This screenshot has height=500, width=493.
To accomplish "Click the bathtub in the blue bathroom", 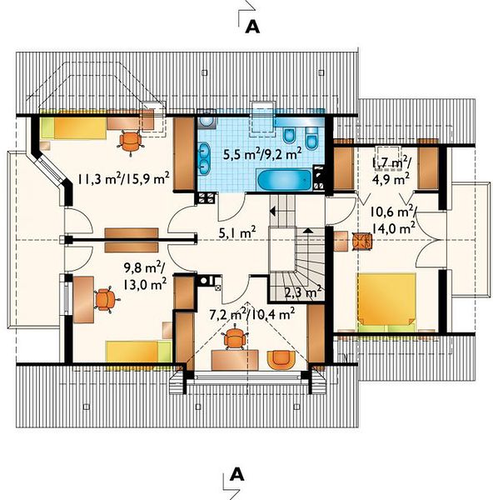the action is coord(284,180).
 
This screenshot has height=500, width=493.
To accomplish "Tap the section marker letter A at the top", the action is coord(252,27).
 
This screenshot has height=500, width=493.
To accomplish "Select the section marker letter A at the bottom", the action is coord(237,474).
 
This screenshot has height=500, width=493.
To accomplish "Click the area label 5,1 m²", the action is coord(237,232).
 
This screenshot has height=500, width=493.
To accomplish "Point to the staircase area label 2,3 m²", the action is coord(302,292).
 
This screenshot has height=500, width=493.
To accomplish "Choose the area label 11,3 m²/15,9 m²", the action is coord(123,179).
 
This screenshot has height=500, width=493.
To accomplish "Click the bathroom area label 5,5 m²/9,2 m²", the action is coord(262,155).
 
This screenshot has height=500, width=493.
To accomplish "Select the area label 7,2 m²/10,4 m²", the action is coord(251,314).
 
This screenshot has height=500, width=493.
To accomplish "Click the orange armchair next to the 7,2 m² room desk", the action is coord(281,360).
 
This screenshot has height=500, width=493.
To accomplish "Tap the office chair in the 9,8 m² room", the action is coord(106,299).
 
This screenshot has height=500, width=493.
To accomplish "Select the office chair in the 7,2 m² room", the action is coord(235,337).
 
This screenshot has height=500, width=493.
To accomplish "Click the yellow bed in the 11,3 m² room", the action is coord(73,128).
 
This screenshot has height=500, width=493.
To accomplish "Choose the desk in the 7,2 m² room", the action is coord(235,360).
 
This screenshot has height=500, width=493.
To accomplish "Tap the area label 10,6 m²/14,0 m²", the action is coord(393,221).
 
